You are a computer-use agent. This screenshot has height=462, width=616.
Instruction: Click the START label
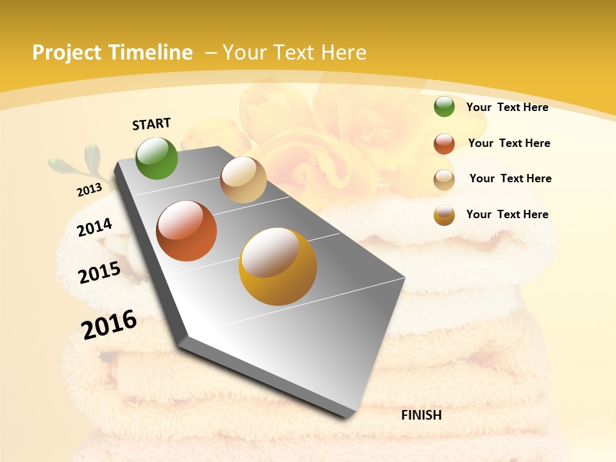[151, 124]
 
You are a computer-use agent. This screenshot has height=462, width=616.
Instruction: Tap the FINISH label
[422, 415]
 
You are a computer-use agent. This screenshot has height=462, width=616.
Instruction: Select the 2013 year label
[89, 189]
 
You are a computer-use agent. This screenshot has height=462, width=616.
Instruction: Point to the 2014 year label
[94, 227]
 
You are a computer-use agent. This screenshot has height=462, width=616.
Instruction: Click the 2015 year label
[99, 273]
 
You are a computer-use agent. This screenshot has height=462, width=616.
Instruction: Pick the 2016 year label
[109, 325]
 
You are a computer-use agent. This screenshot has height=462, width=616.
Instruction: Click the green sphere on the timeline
[157, 158]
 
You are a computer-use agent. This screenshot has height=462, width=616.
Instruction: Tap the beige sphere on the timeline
[243, 180]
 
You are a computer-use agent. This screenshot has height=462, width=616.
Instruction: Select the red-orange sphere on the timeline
[187, 231]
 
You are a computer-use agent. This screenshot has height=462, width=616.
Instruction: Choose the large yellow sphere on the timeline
[278, 266]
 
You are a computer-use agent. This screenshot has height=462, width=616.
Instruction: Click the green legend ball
[444, 107]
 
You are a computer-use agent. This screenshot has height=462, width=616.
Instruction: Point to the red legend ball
[444, 144]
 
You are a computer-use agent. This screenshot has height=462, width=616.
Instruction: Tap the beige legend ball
[444, 180]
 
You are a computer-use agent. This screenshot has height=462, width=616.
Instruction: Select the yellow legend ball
[444, 215]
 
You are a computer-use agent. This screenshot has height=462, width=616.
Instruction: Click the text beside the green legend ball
[507, 107]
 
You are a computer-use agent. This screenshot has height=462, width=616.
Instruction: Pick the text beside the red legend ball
[509, 143]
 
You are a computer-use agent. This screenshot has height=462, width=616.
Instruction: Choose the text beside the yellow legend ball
[507, 214]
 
